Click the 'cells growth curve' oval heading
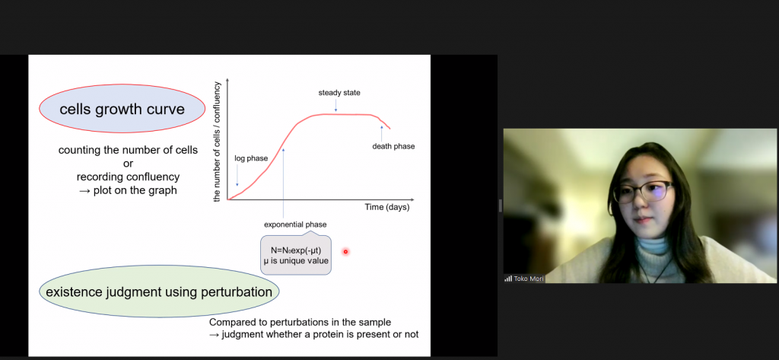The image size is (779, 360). (122, 108)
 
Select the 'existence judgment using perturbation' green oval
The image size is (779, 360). (159, 292)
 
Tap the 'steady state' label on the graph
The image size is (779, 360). (339, 93)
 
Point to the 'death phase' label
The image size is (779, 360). (393, 146)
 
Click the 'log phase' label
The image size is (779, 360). (251, 158)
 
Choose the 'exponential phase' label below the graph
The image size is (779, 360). (295, 225)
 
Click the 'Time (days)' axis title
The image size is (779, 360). (387, 207)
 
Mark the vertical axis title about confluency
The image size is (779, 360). (217, 142)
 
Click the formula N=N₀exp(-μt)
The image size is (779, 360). (296, 250)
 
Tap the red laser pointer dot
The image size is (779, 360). (345, 252)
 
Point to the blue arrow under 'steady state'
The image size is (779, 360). (335, 105)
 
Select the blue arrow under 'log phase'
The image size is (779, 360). (237, 176)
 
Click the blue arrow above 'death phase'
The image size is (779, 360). (382, 132)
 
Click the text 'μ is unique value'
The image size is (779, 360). (296, 260)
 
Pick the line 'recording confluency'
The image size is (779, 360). (128, 177)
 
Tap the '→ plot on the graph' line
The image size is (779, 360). (128, 190)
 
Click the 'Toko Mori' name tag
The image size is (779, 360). (529, 279)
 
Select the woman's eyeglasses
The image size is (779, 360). (644, 192)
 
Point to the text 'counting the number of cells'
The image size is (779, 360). (128, 150)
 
